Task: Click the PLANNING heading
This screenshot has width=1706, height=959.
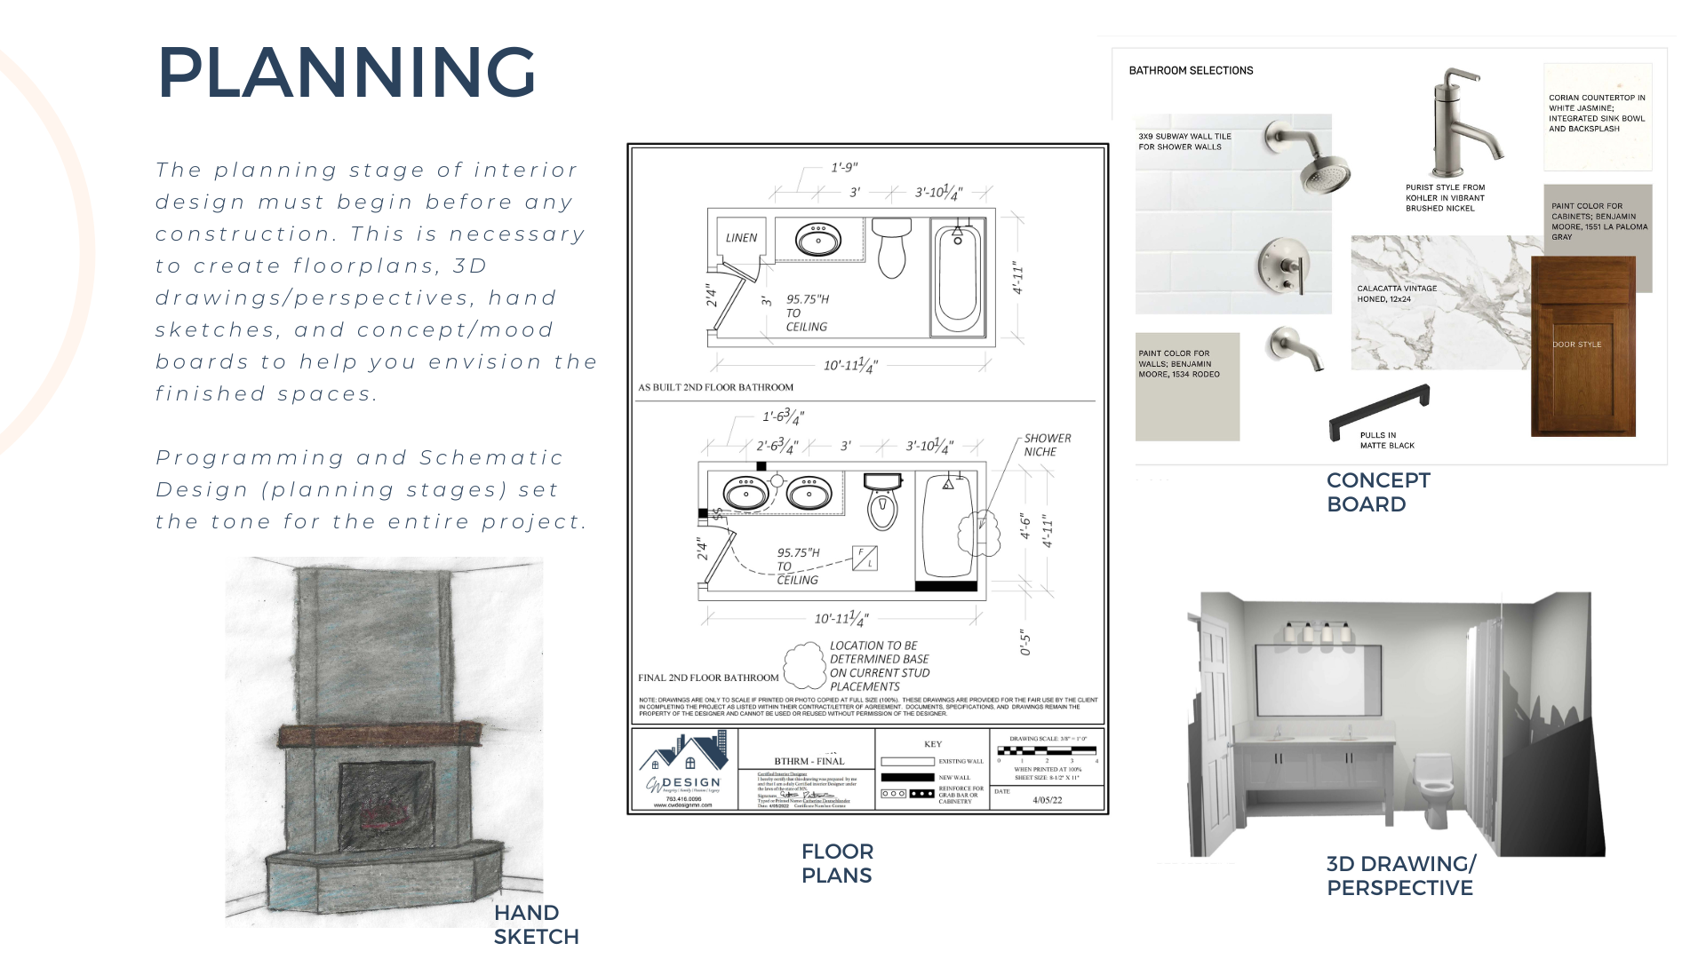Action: click(x=347, y=73)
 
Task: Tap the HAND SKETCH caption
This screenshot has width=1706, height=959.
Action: click(x=536, y=924)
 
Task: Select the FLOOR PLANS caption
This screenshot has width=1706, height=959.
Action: click(x=837, y=863)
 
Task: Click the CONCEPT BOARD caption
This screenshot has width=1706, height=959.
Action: click(x=1378, y=492)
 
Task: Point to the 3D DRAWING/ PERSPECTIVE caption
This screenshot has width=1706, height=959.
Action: click(x=1400, y=876)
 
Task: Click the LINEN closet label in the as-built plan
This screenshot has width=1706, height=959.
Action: click(x=741, y=238)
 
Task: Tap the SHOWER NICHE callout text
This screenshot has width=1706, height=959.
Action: click(x=1047, y=445)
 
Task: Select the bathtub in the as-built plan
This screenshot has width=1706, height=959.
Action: click(x=958, y=275)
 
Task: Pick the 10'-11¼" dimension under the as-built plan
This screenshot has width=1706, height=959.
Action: click(x=850, y=365)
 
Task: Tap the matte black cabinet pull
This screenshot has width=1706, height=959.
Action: click(x=1379, y=410)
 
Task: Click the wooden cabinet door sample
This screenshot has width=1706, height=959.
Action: click(x=1582, y=345)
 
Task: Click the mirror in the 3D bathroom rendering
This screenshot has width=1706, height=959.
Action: click(x=1318, y=679)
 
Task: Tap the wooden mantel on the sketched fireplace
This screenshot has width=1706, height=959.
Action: click(x=379, y=735)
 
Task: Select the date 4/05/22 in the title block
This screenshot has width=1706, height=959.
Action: click(x=1048, y=800)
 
